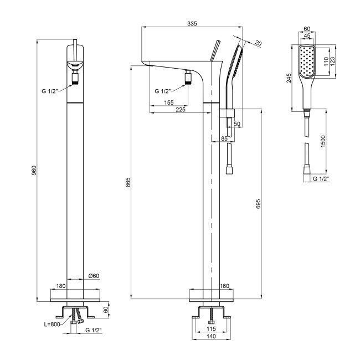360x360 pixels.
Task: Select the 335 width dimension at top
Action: point(192,23)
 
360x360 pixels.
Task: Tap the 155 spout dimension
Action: point(169,103)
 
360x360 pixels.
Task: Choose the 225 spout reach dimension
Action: point(180,110)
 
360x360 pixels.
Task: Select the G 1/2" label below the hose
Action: point(321,179)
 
